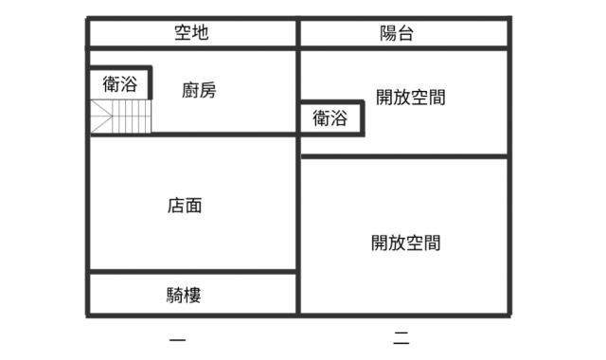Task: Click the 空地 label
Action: tap(191, 32)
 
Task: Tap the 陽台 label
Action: tap(397, 33)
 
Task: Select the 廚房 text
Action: tap(199, 90)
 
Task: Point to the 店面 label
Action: tap(185, 206)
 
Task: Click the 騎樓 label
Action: tap(184, 295)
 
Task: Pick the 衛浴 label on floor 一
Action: tap(120, 84)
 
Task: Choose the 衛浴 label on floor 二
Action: tap(330, 117)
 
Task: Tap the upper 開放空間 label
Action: tap(411, 97)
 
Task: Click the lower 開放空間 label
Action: tap(406, 243)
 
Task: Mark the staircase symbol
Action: tap(120, 117)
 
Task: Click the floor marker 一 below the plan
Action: tap(177, 340)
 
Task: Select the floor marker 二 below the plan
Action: tap(401, 338)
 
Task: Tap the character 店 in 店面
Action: tap(176, 206)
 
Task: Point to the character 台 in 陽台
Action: tap(406, 33)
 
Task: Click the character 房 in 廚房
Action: tap(208, 90)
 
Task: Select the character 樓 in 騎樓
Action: tap(193, 295)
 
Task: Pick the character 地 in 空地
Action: tap(201, 32)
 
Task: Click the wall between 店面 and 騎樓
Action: tap(193, 272)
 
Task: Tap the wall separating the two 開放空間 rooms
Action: tap(404, 156)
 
